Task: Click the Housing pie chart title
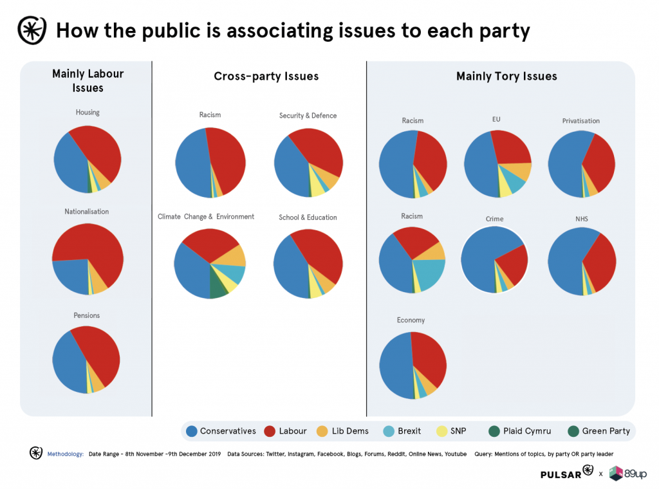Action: coord(88,113)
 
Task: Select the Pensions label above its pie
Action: coord(87,315)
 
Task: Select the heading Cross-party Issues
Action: coord(266,77)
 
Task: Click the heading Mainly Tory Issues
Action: coord(506,77)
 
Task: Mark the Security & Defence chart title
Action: coord(308,116)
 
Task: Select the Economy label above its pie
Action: coord(411,320)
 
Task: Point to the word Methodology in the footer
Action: coord(66,454)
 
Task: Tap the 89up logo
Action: coord(627,474)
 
